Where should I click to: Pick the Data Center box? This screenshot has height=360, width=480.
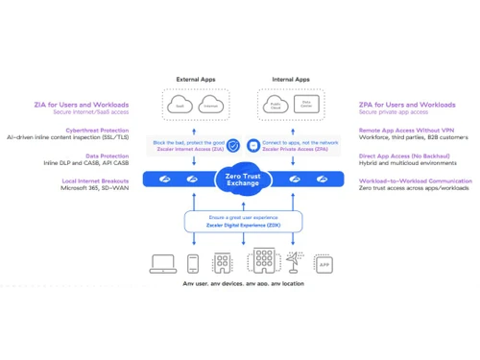click(304, 104)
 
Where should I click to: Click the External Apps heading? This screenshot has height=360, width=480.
click(195, 80)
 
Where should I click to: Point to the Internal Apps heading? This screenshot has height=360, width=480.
click(289, 80)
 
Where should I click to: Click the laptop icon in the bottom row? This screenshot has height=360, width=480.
click(162, 263)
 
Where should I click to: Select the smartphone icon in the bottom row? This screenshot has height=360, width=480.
click(192, 263)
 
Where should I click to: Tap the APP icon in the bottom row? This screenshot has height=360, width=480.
click(324, 265)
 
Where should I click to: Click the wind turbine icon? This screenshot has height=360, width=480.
click(298, 261)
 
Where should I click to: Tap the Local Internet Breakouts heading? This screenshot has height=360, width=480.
click(94, 180)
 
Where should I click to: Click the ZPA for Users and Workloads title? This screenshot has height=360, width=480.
click(407, 104)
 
